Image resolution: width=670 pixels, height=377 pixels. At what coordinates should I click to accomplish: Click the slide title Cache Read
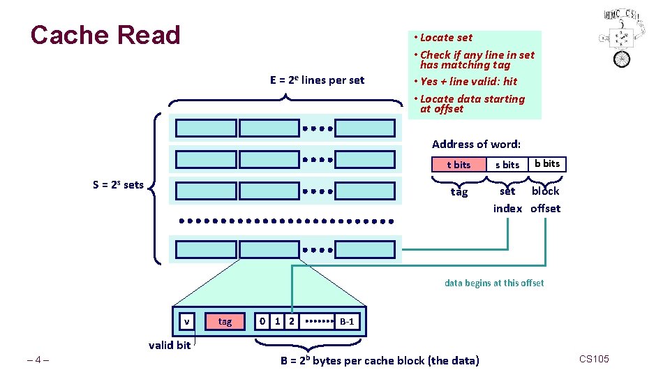coord(105,35)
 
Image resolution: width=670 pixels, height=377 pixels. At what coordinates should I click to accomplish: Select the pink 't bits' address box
coord(459,165)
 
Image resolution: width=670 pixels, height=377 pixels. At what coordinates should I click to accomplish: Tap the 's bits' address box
coord(507,165)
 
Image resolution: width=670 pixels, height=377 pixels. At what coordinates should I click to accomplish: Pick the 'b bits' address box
coord(547,164)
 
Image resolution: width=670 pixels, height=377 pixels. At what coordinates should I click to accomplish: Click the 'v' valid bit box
coord(186,321)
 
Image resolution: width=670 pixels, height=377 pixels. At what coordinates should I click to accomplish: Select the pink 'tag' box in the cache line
coord(225,321)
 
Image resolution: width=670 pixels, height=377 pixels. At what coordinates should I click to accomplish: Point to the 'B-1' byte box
coord(347,322)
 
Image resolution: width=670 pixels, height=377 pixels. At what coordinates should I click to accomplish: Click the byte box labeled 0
coord(262,321)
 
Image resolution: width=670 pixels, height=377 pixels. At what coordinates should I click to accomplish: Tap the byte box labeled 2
coord(292,321)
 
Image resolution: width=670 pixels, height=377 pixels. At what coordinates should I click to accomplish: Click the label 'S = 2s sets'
coord(118,185)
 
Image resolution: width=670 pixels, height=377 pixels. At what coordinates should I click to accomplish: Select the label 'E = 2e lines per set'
coord(317,80)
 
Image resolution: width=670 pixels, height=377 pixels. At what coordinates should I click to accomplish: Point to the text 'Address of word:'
coord(476,145)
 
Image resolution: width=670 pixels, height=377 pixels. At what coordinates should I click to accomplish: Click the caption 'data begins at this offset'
coord(494,283)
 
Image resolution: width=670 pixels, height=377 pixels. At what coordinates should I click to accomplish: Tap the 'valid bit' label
coord(170,345)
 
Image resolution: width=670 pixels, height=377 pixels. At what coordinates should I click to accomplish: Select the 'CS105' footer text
coord(594,359)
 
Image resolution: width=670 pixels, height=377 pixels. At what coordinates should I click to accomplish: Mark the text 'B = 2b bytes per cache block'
coord(380,361)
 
